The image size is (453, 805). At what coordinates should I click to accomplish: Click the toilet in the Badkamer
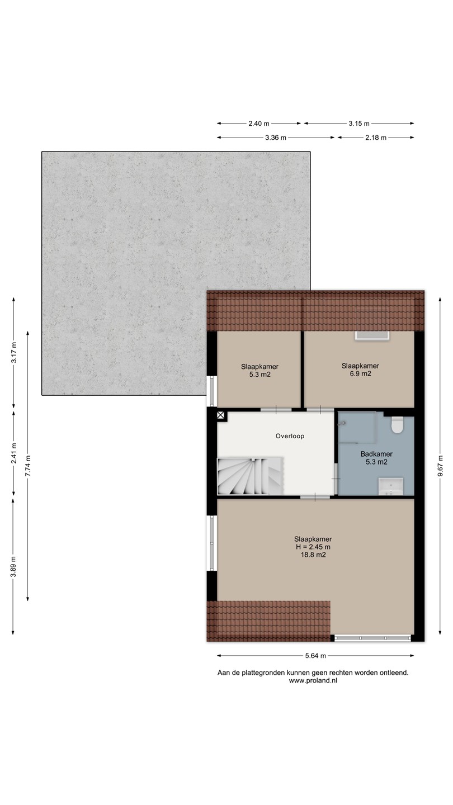[397, 425]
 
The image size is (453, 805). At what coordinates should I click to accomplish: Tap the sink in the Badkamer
[391, 486]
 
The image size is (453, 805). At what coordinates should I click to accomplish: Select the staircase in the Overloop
[249, 476]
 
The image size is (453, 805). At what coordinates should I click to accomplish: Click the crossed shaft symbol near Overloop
[221, 416]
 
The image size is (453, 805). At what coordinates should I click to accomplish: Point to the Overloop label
[290, 436]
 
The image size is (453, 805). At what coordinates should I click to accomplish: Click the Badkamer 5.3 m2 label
[376, 458]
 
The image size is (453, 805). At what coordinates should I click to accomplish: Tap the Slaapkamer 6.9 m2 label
[360, 370]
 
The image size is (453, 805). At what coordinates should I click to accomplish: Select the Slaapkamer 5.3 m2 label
[259, 371]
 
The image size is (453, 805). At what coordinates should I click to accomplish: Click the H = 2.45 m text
[313, 547]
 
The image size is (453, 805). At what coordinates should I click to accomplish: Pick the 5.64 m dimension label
[315, 656]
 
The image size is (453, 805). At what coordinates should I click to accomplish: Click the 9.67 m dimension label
[440, 466]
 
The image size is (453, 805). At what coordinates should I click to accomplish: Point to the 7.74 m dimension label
[28, 466]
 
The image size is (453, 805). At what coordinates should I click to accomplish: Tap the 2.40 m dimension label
[259, 124]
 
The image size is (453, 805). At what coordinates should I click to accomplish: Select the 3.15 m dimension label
[359, 124]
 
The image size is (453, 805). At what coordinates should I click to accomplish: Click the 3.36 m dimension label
[276, 138]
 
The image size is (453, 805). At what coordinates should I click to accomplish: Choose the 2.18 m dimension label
[376, 138]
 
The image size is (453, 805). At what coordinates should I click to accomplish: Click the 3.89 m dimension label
[13, 566]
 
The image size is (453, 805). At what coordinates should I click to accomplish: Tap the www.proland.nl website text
[313, 680]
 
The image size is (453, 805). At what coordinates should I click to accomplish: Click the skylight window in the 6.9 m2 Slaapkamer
[372, 335]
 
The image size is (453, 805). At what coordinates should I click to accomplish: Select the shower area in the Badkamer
[357, 427]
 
